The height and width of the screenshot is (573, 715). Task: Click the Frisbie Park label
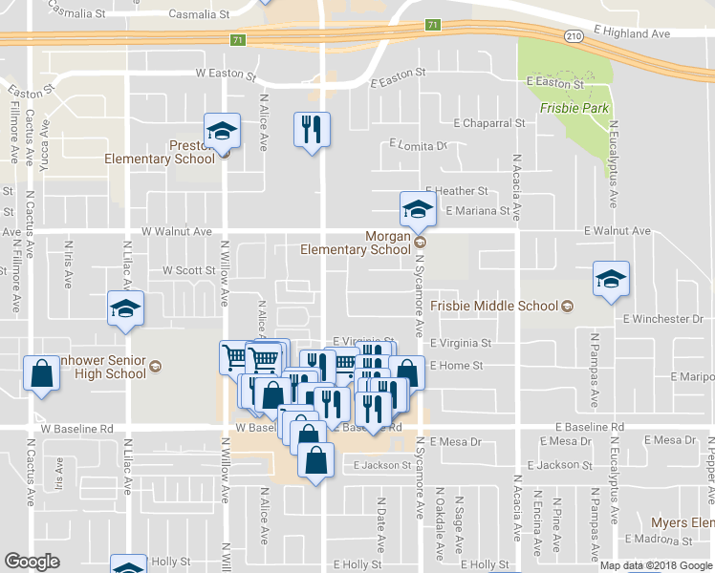(x=574, y=109)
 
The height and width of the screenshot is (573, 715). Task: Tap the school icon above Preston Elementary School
(x=223, y=132)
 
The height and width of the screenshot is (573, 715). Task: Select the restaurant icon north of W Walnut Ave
(x=311, y=129)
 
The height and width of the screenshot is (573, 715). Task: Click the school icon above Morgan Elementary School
(x=418, y=207)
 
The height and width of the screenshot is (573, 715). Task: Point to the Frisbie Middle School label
(x=493, y=307)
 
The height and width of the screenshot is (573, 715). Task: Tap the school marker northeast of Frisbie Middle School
(x=611, y=279)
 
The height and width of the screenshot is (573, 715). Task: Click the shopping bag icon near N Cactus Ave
(x=42, y=374)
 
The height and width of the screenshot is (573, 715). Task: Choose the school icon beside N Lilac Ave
(x=125, y=308)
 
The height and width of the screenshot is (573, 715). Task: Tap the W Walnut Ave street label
(x=177, y=231)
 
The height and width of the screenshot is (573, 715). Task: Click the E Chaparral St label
(x=489, y=123)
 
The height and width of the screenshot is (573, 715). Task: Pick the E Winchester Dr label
(x=662, y=318)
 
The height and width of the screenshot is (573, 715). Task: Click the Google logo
(x=32, y=562)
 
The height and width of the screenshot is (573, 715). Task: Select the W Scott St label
(x=189, y=270)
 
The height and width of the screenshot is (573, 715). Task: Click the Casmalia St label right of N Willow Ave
(x=199, y=14)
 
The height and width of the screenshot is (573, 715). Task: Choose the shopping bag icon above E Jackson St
(x=316, y=460)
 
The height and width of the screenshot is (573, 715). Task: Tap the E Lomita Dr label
(x=418, y=146)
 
